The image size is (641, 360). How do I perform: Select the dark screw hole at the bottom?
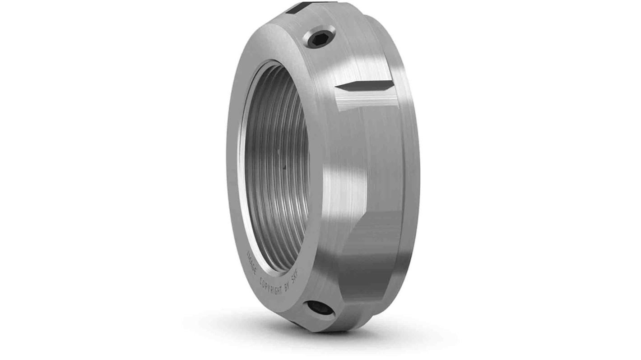tap(321, 308)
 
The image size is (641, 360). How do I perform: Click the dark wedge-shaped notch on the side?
tap(366, 86)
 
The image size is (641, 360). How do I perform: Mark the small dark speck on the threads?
tap(284, 167)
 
